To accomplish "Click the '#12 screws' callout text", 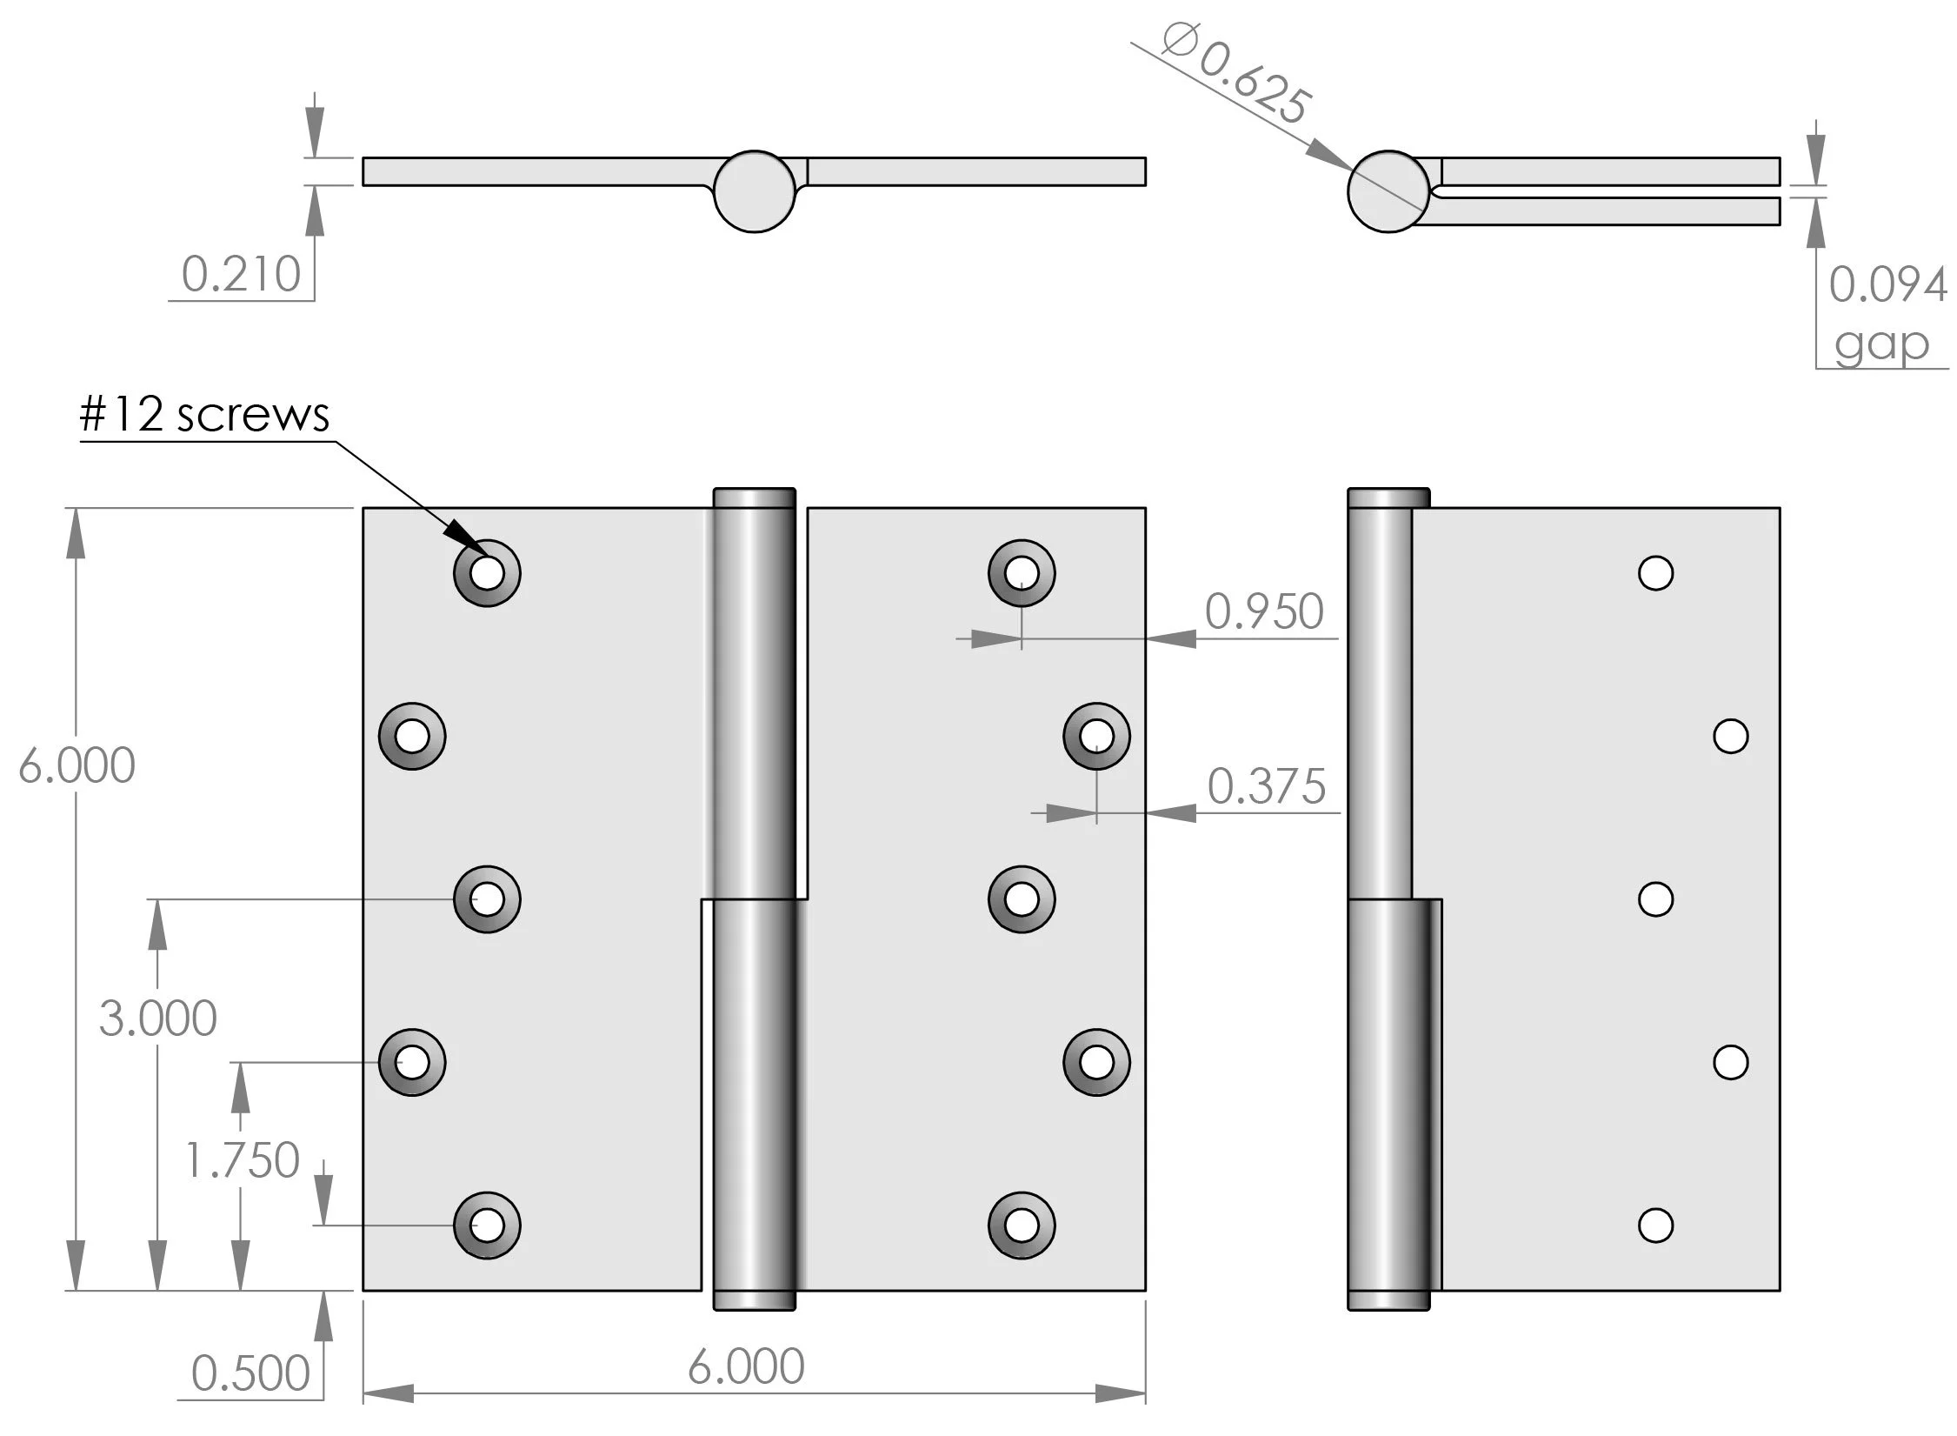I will pos(204,414).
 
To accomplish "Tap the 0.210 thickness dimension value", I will pos(241,275).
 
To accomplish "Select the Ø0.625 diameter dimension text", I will pos(1235,75).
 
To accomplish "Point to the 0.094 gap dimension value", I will pos(1887,284).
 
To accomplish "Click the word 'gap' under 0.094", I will pos(1881,344).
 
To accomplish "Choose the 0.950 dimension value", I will pos(1263,611).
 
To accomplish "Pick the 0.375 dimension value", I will pos(1266,786).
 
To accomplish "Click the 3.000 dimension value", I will pos(157,1019).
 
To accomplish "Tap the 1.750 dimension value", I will pos(242,1159).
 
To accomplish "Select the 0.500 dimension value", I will pos(250,1373).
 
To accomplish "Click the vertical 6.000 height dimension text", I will pos(77,765).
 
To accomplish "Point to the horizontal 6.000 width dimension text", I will pos(746,1366).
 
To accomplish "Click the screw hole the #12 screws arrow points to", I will pos(487,573).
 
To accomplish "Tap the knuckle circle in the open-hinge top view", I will pos(755,191).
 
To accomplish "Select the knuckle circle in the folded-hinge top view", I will pos(1388,191).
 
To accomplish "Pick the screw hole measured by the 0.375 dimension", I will pos(1096,737).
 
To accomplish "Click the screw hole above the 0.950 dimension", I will pos(1022,573).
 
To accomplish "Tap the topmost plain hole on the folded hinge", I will pos(1655,573).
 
